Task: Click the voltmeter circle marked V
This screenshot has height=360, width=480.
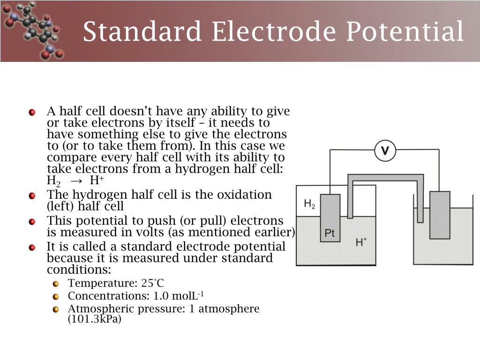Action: (385, 150)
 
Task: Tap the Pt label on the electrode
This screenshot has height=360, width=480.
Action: (330, 233)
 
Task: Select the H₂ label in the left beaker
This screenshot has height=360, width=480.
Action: (309, 203)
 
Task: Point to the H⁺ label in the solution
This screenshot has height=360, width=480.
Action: (361, 242)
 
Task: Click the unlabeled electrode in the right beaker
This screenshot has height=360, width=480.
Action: (439, 215)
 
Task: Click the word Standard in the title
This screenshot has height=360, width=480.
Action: (142, 32)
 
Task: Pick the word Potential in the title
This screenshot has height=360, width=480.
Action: (405, 32)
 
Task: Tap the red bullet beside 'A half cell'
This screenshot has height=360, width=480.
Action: (32, 112)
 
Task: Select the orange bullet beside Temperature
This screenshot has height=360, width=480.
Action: (56, 284)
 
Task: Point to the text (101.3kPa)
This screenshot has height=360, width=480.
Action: (95, 320)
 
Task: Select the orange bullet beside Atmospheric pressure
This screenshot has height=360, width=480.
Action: (56, 309)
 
